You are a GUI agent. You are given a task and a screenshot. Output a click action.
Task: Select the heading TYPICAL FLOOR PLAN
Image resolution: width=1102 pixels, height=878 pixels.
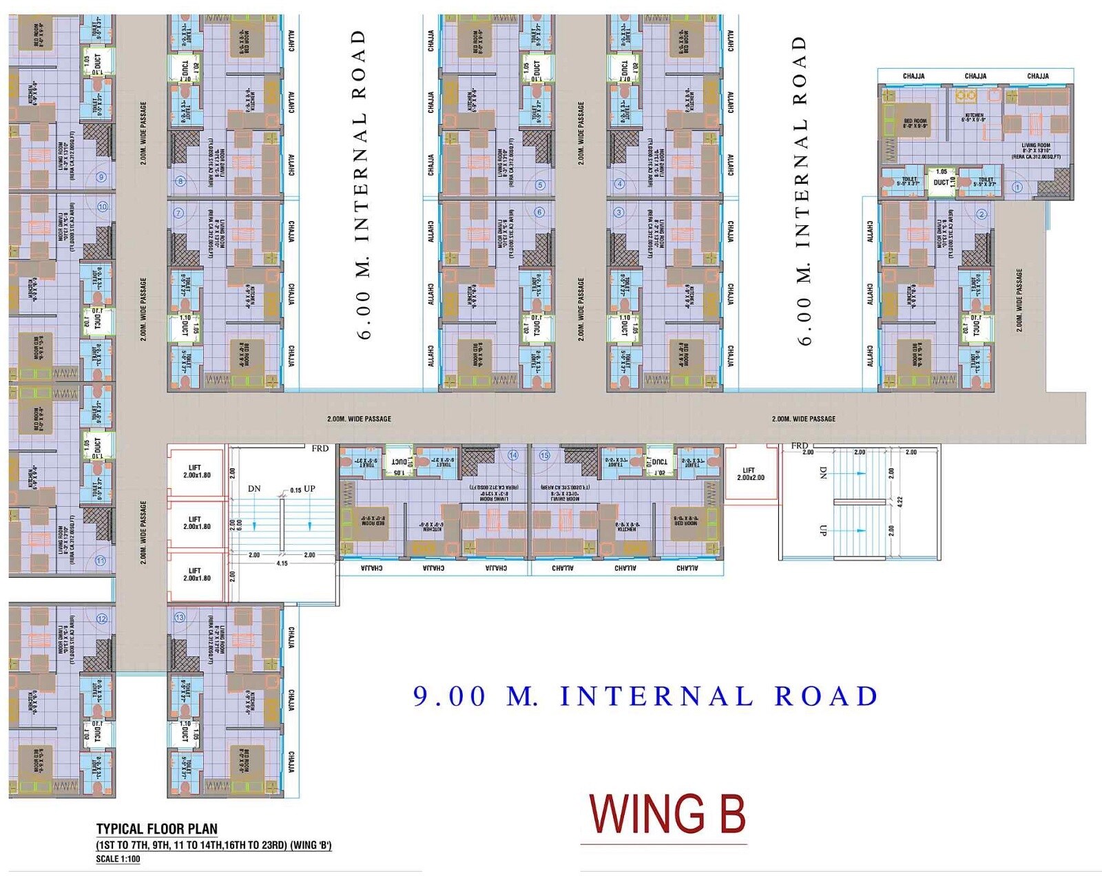[156, 829]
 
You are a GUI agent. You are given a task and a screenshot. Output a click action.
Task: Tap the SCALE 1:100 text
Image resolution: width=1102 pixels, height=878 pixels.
[118, 859]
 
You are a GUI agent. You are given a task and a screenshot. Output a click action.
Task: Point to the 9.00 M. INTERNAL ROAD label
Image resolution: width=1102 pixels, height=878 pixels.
[645, 696]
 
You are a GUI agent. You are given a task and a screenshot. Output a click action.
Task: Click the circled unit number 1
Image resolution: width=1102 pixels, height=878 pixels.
[1017, 187]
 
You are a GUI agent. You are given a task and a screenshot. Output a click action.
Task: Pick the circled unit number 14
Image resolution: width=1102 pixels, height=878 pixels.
[513, 455]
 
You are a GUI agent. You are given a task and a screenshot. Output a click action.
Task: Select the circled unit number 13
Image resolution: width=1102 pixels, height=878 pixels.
[180, 617]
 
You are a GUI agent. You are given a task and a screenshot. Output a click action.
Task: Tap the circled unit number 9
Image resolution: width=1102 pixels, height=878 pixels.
[101, 177]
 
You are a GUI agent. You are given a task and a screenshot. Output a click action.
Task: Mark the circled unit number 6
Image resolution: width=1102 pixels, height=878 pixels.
[539, 212]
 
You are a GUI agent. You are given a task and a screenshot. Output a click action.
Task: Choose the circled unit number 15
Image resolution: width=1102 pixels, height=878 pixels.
[545, 455]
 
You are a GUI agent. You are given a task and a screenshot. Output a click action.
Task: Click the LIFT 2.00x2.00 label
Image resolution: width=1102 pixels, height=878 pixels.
[750, 474]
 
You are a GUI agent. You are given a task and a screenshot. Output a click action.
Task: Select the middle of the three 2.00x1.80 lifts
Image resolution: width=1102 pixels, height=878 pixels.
[196, 523]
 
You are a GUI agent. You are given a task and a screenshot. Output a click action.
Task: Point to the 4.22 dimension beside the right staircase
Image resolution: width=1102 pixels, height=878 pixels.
[900, 502]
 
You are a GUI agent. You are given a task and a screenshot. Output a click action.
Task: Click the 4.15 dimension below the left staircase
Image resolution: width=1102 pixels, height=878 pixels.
[282, 563]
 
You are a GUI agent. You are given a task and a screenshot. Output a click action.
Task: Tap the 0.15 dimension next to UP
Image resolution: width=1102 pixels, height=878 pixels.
[295, 490]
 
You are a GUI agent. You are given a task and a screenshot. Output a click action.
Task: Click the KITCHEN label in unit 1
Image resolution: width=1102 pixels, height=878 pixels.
[974, 118]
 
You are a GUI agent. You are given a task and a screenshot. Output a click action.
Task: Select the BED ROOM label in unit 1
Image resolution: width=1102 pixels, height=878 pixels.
[915, 123]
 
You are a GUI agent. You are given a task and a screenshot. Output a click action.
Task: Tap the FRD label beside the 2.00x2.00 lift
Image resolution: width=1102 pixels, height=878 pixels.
[799, 446]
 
